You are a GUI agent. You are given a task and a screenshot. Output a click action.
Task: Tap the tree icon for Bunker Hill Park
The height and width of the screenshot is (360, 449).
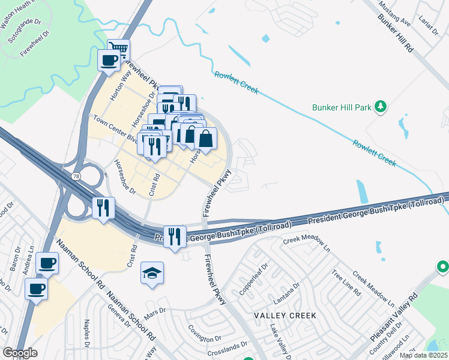click(x=379, y=107)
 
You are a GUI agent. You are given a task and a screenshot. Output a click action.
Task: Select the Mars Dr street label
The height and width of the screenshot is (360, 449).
click(x=154, y=312)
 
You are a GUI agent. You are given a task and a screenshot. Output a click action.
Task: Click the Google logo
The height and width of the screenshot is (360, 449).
click(x=20, y=353)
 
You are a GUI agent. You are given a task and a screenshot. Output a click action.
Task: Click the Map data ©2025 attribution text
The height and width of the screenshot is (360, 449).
click(x=423, y=356)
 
